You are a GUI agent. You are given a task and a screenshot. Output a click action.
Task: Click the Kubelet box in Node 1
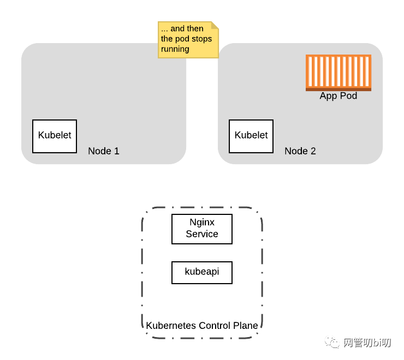55,136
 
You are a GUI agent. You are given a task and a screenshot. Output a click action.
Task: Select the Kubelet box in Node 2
251,136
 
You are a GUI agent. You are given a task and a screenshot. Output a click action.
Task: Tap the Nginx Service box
202,229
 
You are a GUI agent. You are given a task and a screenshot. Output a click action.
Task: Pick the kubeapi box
202,272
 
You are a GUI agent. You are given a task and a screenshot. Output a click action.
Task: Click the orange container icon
338,72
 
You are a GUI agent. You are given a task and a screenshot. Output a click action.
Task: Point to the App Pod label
338,96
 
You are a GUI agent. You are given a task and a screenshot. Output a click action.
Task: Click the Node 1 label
104,151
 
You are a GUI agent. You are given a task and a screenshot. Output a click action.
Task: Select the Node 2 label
300,151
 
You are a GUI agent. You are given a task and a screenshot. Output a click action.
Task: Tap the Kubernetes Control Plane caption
202,326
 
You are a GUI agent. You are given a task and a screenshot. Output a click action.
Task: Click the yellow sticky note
188,39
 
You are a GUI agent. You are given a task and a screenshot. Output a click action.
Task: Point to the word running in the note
175,49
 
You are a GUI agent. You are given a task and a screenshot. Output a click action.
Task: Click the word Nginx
202,223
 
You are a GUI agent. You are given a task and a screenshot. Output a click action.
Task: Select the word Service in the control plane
202,234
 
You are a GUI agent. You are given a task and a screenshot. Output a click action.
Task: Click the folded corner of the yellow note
215,25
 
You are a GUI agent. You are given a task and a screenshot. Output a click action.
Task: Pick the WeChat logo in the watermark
332,343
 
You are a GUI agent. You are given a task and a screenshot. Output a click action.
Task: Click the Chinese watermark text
367,343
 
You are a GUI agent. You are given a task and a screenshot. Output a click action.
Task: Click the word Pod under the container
348,96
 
